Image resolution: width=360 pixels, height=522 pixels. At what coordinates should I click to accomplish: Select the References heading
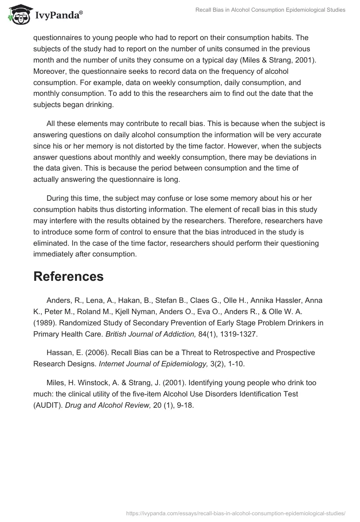pyautogui.click(x=68, y=276)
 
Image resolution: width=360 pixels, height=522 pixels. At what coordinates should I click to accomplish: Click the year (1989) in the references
pyautogui.click(x=44, y=323)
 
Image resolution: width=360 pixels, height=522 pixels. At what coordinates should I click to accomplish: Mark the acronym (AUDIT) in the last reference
pyautogui.click(x=48, y=405)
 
